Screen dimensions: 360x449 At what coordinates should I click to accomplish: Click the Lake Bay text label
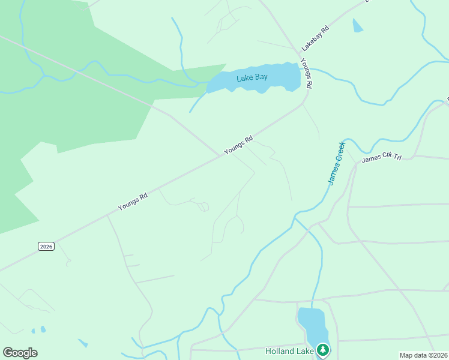[252, 78]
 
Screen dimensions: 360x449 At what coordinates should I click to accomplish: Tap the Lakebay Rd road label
[316, 38]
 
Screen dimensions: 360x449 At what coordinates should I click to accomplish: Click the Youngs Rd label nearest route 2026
[133, 202]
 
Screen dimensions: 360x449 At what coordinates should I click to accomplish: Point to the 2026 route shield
[46, 246]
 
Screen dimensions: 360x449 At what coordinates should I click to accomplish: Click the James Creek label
[336, 163]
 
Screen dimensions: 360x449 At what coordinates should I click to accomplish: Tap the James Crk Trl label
[381, 157]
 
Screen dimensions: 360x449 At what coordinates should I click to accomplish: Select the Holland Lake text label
[289, 350]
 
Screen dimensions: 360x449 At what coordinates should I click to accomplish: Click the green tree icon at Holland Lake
[323, 349]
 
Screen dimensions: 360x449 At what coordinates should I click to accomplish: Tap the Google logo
[20, 353]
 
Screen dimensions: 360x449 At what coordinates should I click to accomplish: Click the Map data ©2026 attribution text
[424, 355]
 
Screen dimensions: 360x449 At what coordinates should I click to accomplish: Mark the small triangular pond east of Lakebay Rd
[358, 26]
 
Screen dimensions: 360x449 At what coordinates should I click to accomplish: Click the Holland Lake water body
[313, 327]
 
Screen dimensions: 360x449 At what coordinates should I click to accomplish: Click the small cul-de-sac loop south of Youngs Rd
[204, 207]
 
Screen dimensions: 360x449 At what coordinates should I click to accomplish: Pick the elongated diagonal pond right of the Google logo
[83, 343]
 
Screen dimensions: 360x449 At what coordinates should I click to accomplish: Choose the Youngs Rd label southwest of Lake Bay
[238, 146]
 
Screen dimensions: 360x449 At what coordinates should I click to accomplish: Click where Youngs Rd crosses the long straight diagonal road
[220, 155]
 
